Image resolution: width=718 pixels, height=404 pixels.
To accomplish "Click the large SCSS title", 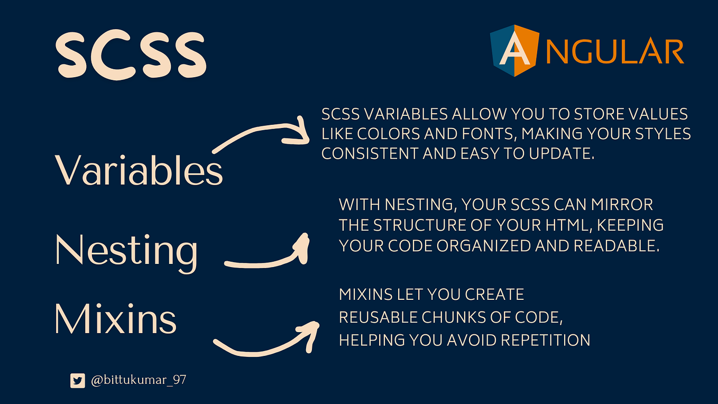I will coord(131,55).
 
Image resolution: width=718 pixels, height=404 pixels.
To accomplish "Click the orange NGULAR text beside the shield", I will coord(614,52).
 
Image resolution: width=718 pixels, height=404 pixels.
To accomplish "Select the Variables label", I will coord(139,170).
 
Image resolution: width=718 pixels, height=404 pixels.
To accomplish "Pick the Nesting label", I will coord(126,251).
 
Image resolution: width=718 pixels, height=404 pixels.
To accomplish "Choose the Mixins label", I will coord(115,319).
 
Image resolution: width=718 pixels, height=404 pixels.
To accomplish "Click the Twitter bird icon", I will coord(78,380).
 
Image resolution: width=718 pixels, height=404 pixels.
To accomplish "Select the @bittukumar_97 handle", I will coord(139,380).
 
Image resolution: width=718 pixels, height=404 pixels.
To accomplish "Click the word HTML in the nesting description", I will coord(567,225).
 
